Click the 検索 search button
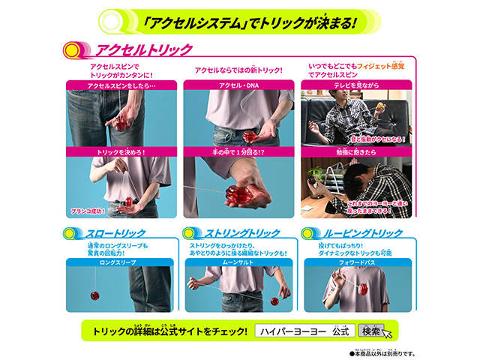372,331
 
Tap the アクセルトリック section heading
143,50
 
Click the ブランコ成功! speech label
88,211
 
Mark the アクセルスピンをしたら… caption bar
121,85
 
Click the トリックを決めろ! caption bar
121,152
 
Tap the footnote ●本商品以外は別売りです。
382,352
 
